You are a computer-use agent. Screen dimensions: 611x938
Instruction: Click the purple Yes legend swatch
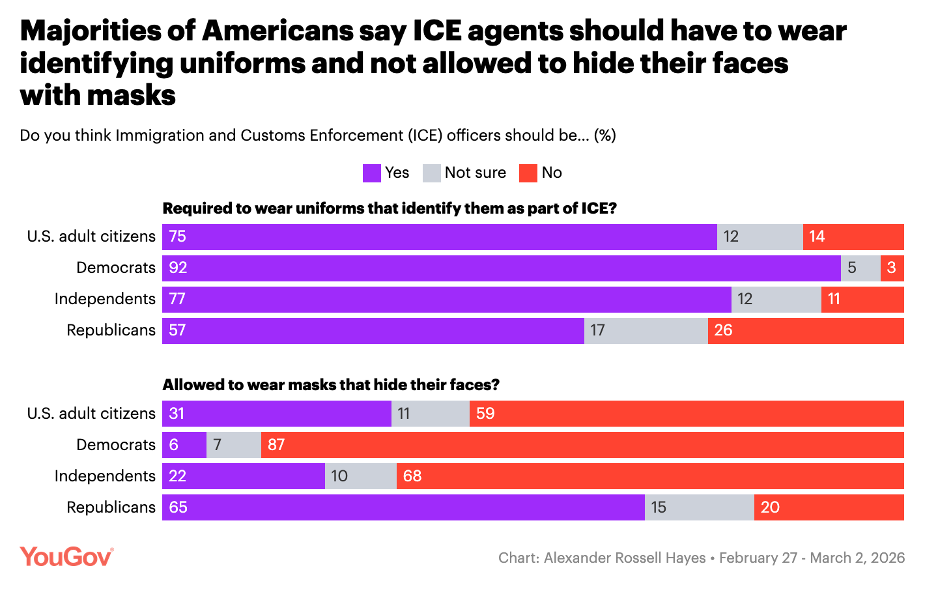tap(371, 173)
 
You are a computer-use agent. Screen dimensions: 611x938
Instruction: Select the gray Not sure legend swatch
tap(431, 173)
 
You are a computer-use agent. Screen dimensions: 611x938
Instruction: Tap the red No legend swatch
tap(528, 173)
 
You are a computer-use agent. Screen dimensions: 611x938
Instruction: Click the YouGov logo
tap(66, 557)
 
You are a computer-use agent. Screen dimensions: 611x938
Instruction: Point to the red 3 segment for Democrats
tap(892, 268)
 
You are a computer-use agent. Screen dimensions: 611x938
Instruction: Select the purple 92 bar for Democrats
tap(502, 268)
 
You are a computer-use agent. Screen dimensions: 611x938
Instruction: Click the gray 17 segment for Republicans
tap(646, 330)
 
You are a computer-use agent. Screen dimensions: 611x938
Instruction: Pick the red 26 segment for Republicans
tap(806, 330)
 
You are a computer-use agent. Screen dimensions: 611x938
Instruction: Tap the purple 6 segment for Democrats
tap(184, 445)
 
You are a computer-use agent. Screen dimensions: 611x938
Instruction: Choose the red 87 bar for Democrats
tap(582, 445)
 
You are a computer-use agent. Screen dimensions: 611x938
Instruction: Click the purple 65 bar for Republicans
tap(403, 507)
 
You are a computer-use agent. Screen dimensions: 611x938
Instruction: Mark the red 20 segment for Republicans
tap(829, 507)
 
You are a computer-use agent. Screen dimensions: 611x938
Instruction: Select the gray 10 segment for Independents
tap(360, 476)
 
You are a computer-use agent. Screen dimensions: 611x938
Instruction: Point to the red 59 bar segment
tap(687, 414)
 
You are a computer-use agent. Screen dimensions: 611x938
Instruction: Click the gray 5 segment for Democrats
tap(860, 268)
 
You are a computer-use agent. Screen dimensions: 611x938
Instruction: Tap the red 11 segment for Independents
tap(862, 299)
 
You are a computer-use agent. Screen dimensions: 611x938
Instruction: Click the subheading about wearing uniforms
tap(390, 208)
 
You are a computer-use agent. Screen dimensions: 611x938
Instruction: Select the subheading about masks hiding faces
tap(331, 385)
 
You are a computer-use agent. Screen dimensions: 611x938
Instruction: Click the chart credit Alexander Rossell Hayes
tap(625, 558)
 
